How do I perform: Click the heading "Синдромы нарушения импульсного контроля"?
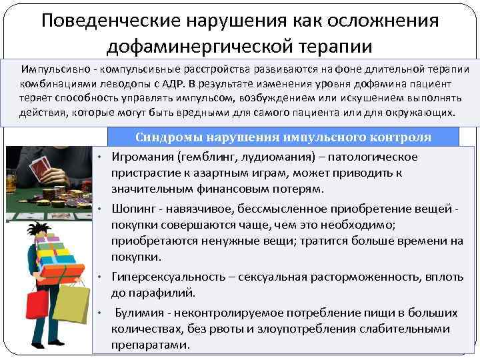pos(283,138)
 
